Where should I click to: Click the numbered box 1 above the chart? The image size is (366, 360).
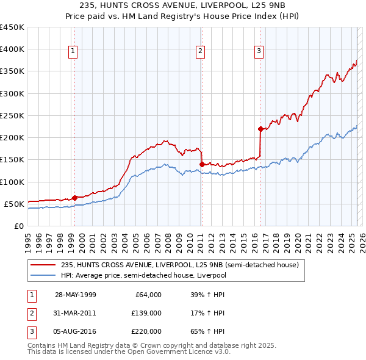[x=73, y=51]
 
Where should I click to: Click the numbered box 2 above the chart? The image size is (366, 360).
[x=200, y=51]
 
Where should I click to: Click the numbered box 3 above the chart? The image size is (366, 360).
[x=259, y=51]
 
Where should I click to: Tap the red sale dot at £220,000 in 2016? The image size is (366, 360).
[x=260, y=129]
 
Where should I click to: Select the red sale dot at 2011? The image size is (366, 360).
[x=201, y=164]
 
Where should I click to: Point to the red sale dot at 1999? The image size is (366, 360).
[x=74, y=197]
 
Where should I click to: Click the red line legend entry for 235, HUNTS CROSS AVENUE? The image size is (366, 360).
[x=179, y=265]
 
